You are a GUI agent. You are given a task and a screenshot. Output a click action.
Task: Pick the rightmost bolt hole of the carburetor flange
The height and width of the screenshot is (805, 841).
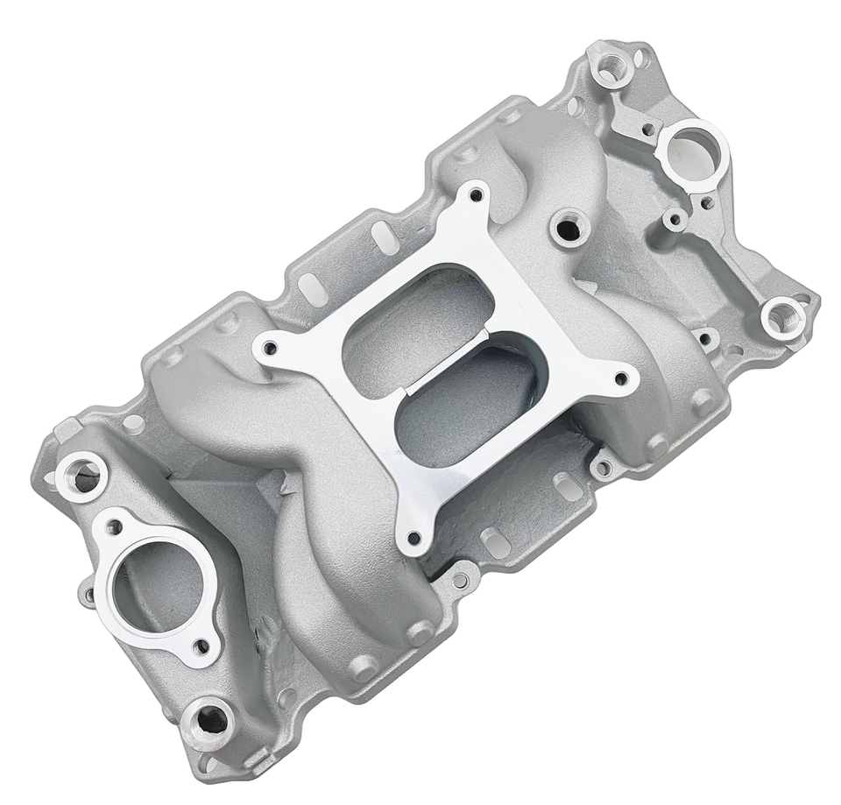pyautogui.click(x=621, y=379)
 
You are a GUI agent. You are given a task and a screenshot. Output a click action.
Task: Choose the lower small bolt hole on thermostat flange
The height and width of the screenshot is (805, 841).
pyautogui.click(x=203, y=647)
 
